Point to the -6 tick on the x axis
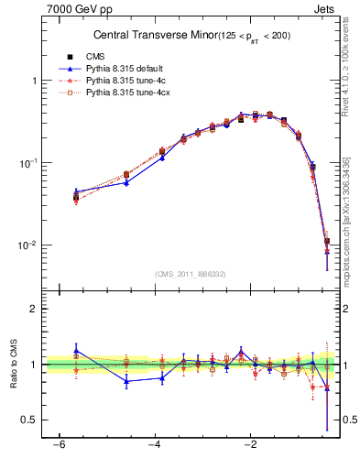tap(59, 446)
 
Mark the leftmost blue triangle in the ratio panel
tap(76, 349)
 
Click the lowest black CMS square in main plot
tap(327, 242)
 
